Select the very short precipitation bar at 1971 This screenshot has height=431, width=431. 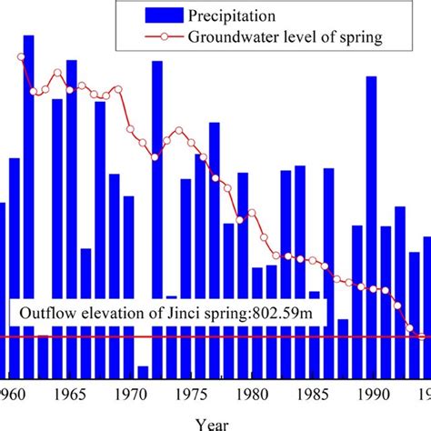143,372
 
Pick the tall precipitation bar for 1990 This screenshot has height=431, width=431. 371,227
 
